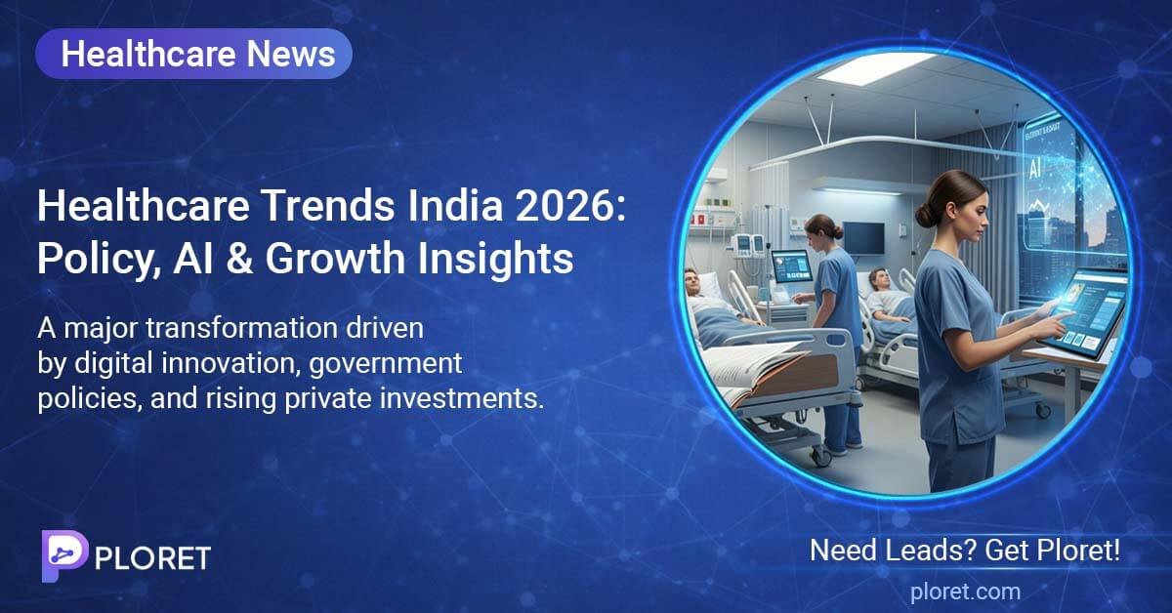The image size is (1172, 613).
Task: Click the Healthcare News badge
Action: point(193,54)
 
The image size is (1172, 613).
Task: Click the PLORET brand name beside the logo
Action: point(153,557)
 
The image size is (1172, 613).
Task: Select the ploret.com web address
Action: point(965,591)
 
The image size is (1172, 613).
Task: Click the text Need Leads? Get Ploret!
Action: point(965,551)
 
